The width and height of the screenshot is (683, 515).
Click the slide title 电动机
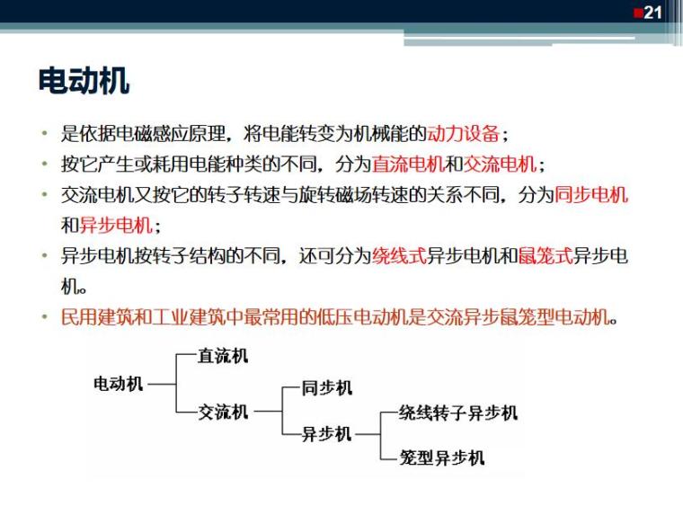(84, 81)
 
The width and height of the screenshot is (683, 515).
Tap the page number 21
(653, 13)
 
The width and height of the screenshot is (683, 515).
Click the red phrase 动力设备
(464, 135)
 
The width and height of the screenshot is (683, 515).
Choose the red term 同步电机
(590, 195)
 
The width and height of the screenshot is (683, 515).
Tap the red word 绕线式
(399, 256)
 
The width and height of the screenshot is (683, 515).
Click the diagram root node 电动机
(119, 384)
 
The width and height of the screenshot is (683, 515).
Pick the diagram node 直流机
(223, 356)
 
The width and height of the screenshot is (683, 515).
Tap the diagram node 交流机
(223, 413)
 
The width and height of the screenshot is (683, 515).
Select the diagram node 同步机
(327, 387)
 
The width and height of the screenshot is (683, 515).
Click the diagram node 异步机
(326, 434)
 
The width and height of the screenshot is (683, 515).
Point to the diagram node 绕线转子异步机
(458, 413)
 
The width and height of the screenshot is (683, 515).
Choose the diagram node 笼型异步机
(442, 458)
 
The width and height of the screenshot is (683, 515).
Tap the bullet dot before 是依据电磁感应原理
(42, 136)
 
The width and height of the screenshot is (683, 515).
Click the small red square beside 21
(637, 12)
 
